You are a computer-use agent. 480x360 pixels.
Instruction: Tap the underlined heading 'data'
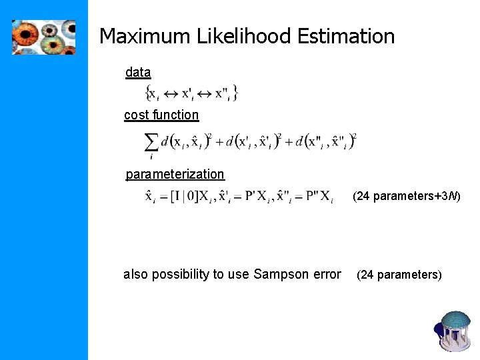point(138,73)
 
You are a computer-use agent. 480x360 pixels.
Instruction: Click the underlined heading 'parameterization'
point(175,175)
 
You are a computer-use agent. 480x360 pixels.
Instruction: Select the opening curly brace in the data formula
point(149,93)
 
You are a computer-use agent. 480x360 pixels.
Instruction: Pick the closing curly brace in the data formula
point(236,93)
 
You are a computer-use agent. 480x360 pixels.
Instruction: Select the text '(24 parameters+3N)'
point(406,197)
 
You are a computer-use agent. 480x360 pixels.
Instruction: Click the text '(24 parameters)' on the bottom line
point(399,275)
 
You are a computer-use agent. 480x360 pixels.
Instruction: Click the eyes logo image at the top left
point(43,37)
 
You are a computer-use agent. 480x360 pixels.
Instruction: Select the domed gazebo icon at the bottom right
point(455,329)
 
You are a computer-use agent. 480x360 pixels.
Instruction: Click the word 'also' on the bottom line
point(136,275)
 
